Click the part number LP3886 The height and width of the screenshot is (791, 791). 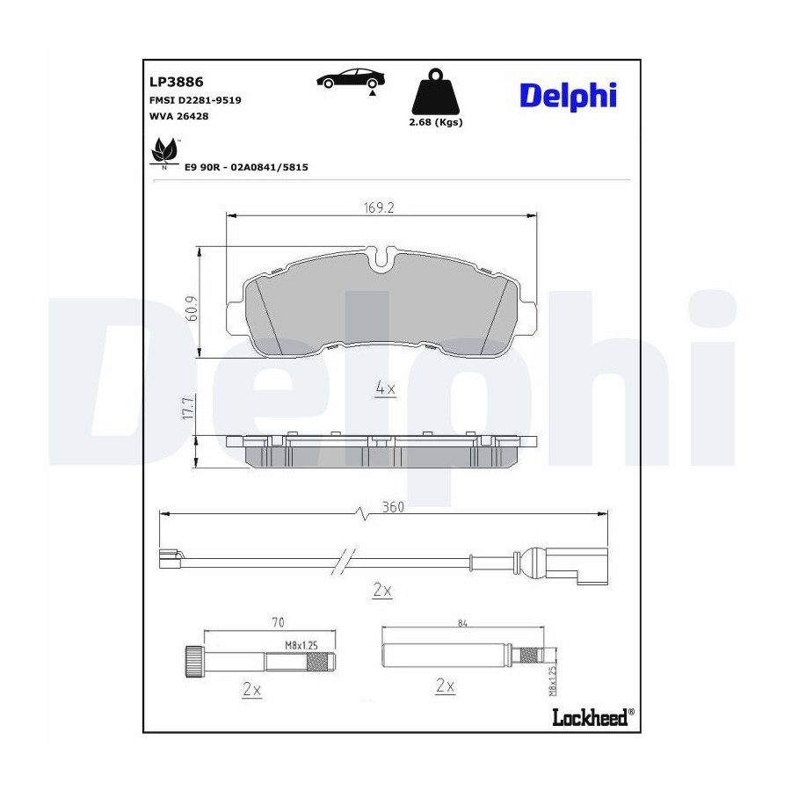click(176, 82)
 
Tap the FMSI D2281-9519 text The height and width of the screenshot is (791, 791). click(195, 100)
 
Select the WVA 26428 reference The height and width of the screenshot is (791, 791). click(178, 116)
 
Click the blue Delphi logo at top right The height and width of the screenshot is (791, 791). click(568, 97)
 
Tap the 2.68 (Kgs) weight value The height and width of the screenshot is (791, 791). click(436, 122)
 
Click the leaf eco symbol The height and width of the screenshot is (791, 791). click(164, 152)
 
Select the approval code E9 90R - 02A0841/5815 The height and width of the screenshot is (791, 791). click(246, 167)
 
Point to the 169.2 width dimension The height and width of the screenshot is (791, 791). click(378, 207)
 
